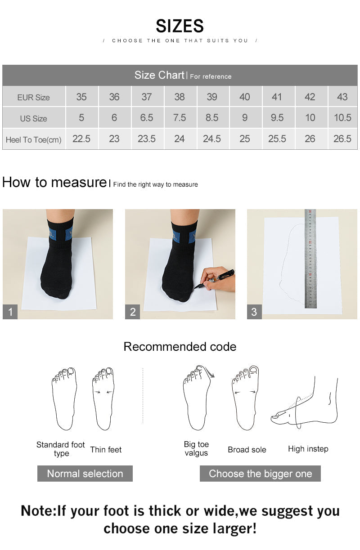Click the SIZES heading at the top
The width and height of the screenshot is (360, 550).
click(180, 26)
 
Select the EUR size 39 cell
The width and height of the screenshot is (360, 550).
click(212, 97)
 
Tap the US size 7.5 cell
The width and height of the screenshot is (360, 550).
click(179, 118)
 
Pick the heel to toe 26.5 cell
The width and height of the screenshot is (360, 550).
click(342, 139)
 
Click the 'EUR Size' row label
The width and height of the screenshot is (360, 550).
click(34, 97)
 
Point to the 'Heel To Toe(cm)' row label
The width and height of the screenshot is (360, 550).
click(34, 139)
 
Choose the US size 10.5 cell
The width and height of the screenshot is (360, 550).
click(342, 118)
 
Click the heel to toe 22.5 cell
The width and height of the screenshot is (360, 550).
click(81, 139)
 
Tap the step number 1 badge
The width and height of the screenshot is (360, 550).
click(10, 312)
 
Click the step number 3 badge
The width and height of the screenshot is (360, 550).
click(254, 312)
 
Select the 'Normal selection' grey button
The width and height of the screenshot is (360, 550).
click(85, 474)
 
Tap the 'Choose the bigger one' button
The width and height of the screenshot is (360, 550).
click(260, 474)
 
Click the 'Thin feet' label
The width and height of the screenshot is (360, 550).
click(106, 449)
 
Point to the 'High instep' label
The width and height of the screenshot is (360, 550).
click(308, 449)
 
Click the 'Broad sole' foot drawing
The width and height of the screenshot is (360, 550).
click(245, 398)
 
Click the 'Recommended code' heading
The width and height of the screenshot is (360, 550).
click(180, 347)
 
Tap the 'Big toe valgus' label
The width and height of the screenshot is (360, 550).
click(196, 448)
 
